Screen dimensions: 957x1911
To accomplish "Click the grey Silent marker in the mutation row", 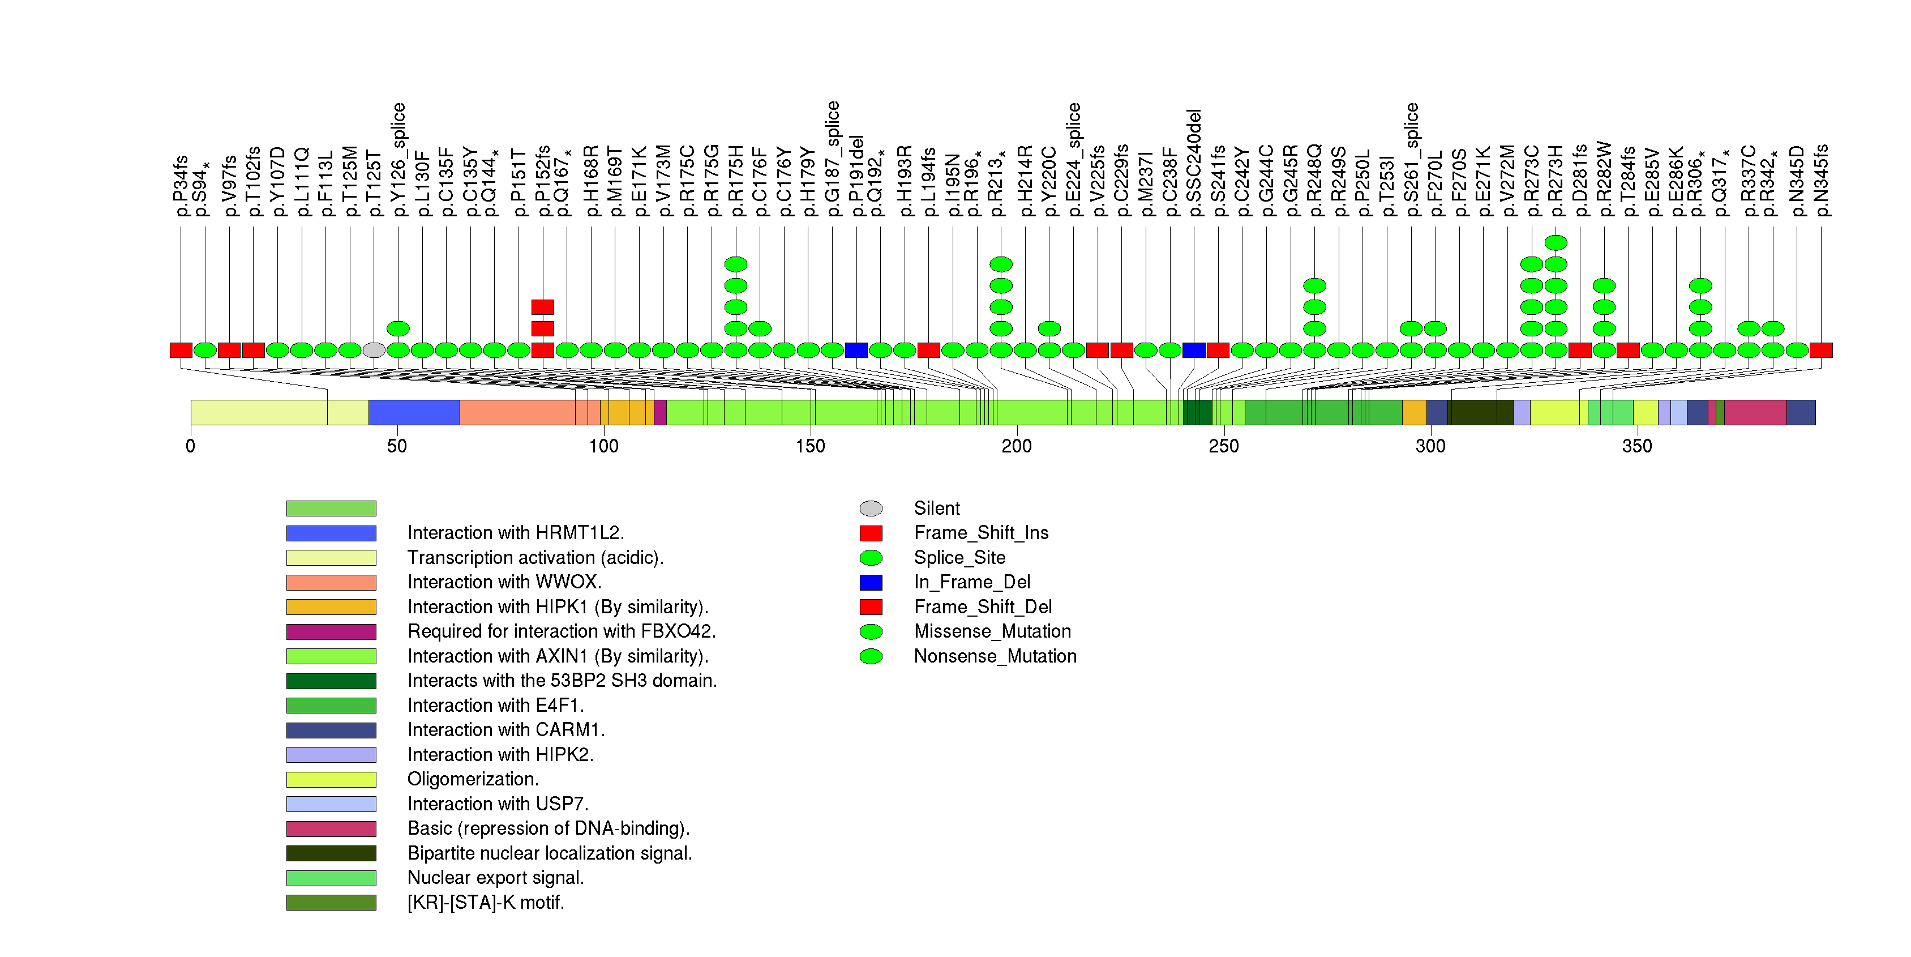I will [x=374, y=350].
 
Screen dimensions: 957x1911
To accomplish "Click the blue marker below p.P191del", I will [x=856, y=350].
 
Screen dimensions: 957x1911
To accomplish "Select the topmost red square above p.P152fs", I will [x=542, y=307].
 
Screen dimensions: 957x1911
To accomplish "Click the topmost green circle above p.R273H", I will [x=1556, y=242].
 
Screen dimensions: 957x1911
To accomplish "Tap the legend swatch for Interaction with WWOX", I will [x=331, y=582].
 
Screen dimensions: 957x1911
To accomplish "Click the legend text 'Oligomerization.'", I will [x=473, y=779].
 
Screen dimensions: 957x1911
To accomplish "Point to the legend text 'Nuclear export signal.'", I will [x=495, y=878].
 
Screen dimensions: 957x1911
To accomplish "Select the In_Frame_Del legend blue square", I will [x=871, y=582].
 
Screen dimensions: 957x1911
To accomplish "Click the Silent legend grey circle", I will [x=871, y=508].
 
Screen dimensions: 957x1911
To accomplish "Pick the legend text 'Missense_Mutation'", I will [x=992, y=631].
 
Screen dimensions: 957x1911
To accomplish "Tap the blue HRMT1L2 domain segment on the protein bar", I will [x=414, y=412].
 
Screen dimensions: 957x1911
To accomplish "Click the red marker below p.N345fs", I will [x=1820, y=350].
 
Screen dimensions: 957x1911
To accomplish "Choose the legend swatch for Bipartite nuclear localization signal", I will [x=331, y=853].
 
